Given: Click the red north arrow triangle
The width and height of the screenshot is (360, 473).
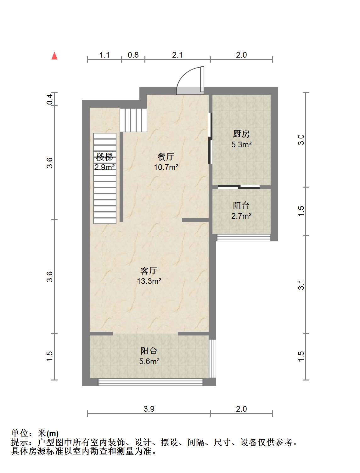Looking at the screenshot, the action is (x=54, y=56).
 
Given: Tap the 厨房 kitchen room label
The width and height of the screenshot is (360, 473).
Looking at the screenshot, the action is (x=241, y=134).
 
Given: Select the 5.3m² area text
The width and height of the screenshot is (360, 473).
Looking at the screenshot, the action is (x=241, y=144).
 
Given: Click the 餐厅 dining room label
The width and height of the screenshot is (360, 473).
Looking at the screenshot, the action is (x=166, y=157).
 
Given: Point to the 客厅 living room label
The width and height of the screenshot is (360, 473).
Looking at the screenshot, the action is (x=149, y=271).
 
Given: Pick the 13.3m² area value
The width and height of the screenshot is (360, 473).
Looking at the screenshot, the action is (x=149, y=281).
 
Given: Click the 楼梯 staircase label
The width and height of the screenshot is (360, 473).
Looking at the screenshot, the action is (x=104, y=157).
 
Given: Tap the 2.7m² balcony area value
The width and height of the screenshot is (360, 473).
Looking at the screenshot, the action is (x=241, y=216).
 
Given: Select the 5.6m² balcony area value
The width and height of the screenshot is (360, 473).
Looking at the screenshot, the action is (x=149, y=361).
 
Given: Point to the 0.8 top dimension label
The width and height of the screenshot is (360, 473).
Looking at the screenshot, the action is (x=133, y=55).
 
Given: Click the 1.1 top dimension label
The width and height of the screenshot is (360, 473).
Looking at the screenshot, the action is (x=104, y=55).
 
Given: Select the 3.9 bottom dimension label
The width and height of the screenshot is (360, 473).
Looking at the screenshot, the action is (x=149, y=409).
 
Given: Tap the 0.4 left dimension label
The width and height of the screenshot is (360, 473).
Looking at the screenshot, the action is (x=50, y=99).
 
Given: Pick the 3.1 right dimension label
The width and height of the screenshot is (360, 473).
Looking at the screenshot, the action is (x=301, y=284).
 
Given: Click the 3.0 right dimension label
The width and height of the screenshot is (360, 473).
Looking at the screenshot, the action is (x=301, y=140).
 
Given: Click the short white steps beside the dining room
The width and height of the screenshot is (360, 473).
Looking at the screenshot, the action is (x=133, y=120).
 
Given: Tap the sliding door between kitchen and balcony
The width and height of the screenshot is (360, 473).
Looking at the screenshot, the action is (x=239, y=187).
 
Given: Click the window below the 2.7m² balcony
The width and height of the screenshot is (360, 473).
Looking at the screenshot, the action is (x=244, y=238).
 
